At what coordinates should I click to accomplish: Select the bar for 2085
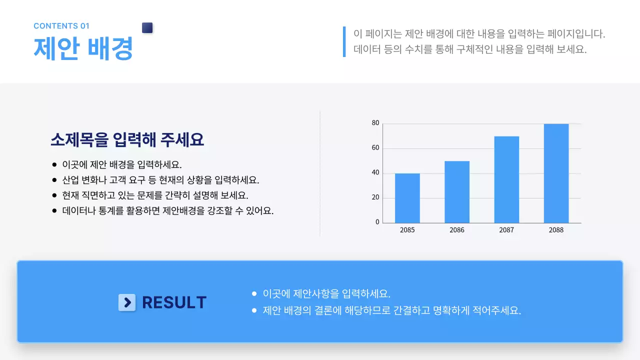click(x=407, y=198)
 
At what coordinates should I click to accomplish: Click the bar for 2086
click(x=456, y=192)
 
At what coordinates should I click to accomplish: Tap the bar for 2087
click(x=506, y=179)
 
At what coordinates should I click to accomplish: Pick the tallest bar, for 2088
click(x=556, y=173)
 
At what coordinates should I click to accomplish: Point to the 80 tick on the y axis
click(x=375, y=123)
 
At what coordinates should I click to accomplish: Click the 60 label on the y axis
click(x=375, y=148)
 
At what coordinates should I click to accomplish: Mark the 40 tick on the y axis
click(x=375, y=173)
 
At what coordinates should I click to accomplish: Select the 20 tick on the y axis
click(x=375, y=197)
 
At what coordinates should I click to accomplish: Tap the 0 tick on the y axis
click(x=377, y=222)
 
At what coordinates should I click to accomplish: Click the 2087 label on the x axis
click(x=506, y=230)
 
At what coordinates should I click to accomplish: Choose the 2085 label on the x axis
click(x=407, y=230)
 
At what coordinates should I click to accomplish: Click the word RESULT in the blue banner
click(x=174, y=302)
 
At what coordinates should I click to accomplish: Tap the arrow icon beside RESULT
click(x=127, y=302)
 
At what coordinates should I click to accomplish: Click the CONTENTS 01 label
click(x=61, y=26)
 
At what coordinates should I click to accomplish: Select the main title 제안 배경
click(x=83, y=48)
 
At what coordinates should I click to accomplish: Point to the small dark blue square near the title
click(x=147, y=28)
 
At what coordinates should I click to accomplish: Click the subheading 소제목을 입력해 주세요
click(x=127, y=139)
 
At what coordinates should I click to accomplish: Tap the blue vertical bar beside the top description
click(x=344, y=41)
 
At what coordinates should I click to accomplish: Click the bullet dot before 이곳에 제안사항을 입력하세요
click(x=254, y=293)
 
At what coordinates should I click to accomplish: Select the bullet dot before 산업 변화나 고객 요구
click(x=54, y=180)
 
